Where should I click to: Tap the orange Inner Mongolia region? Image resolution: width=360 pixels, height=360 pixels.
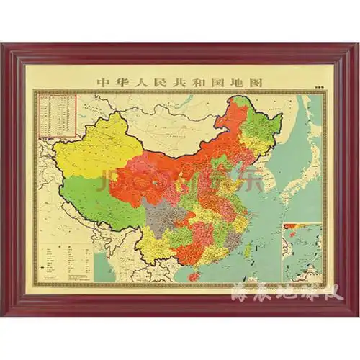[187, 162]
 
